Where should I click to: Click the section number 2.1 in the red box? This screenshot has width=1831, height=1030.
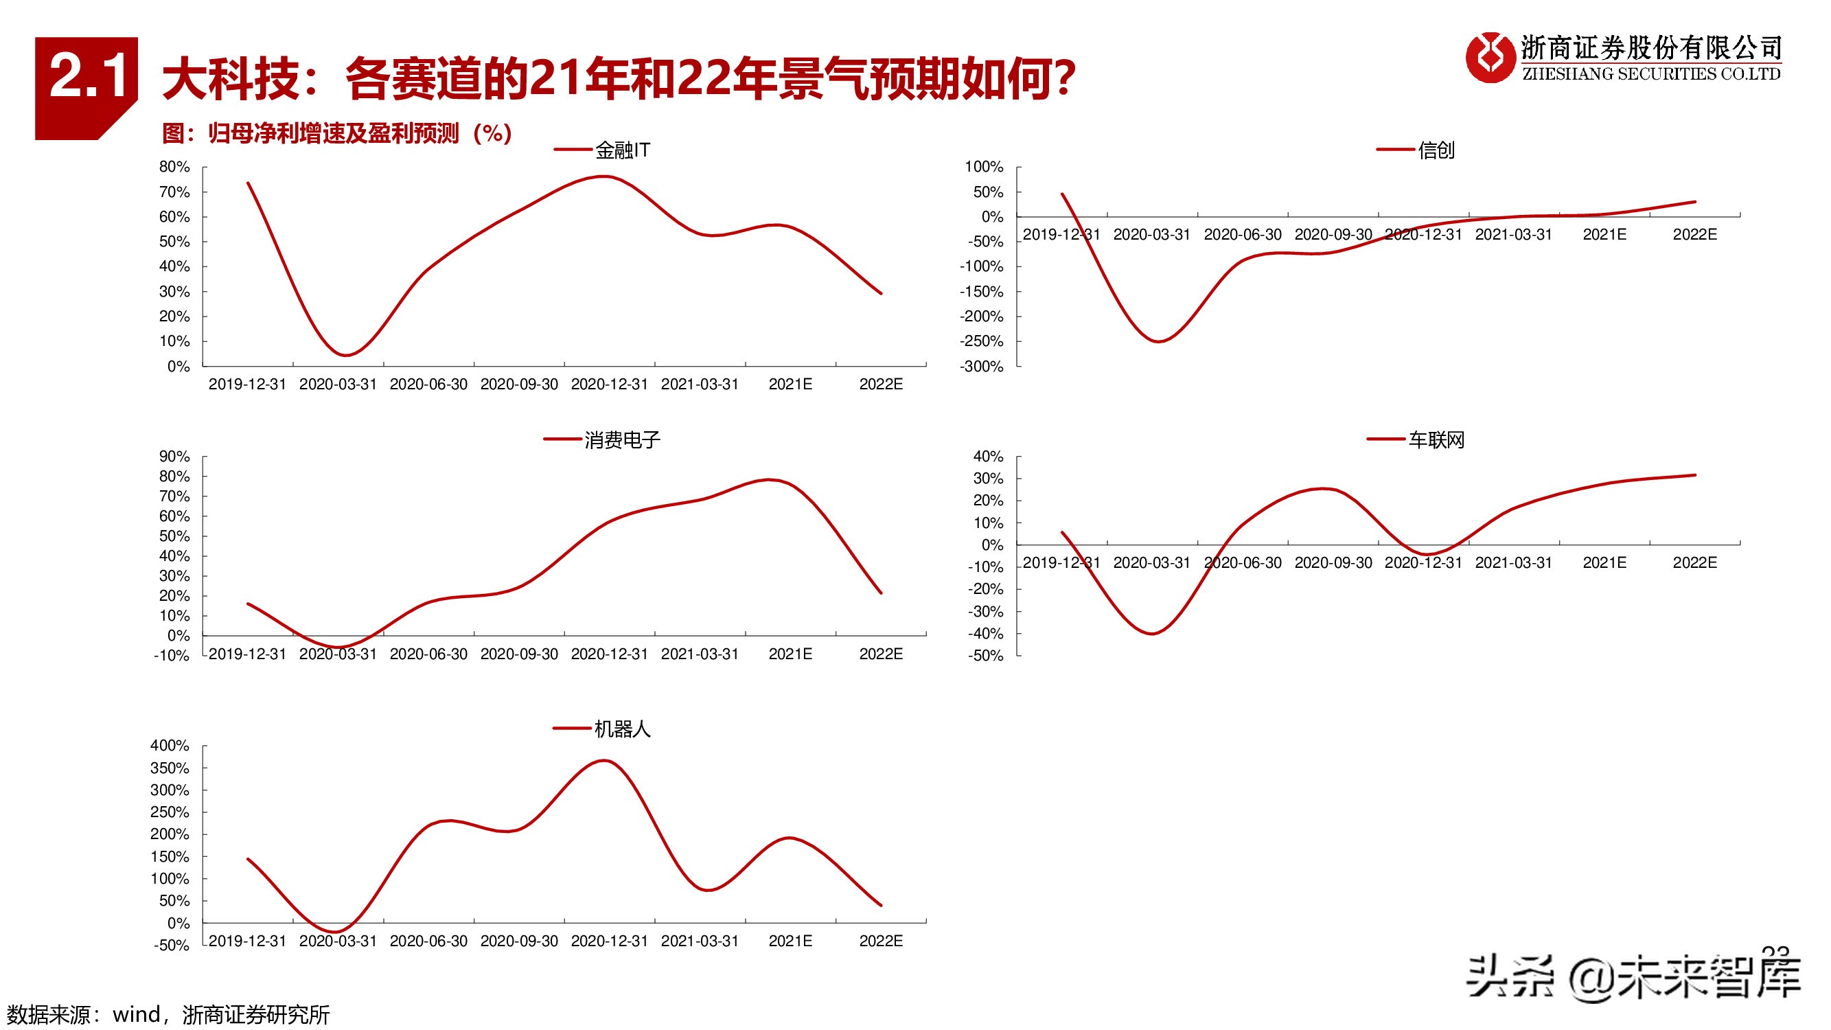(87, 76)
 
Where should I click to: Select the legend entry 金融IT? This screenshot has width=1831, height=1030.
(621, 150)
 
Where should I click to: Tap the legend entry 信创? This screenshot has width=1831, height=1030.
(1435, 150)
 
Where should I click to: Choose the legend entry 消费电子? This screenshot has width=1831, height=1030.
(621, 440)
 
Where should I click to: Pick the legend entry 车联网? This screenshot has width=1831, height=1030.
(1435, 440)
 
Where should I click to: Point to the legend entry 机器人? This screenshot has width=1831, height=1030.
(621, 729)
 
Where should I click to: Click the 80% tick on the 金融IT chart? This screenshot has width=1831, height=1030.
(174, 167)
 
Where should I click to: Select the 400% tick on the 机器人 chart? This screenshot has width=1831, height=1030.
(170, 746)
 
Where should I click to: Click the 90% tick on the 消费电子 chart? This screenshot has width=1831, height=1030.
(174, 457)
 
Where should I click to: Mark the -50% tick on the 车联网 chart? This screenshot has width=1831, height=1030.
(985, 656)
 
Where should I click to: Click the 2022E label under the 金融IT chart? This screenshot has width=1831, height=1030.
(881, 385)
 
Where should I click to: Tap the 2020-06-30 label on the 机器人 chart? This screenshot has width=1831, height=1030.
(428, 941)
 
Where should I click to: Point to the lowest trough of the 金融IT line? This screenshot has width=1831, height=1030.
(345, 355)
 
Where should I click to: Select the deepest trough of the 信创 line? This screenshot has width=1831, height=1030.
(1158, 341)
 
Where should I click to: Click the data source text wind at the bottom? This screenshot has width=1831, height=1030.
(136, 1014)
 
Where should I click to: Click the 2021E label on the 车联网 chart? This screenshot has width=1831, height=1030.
(1604, 563)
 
